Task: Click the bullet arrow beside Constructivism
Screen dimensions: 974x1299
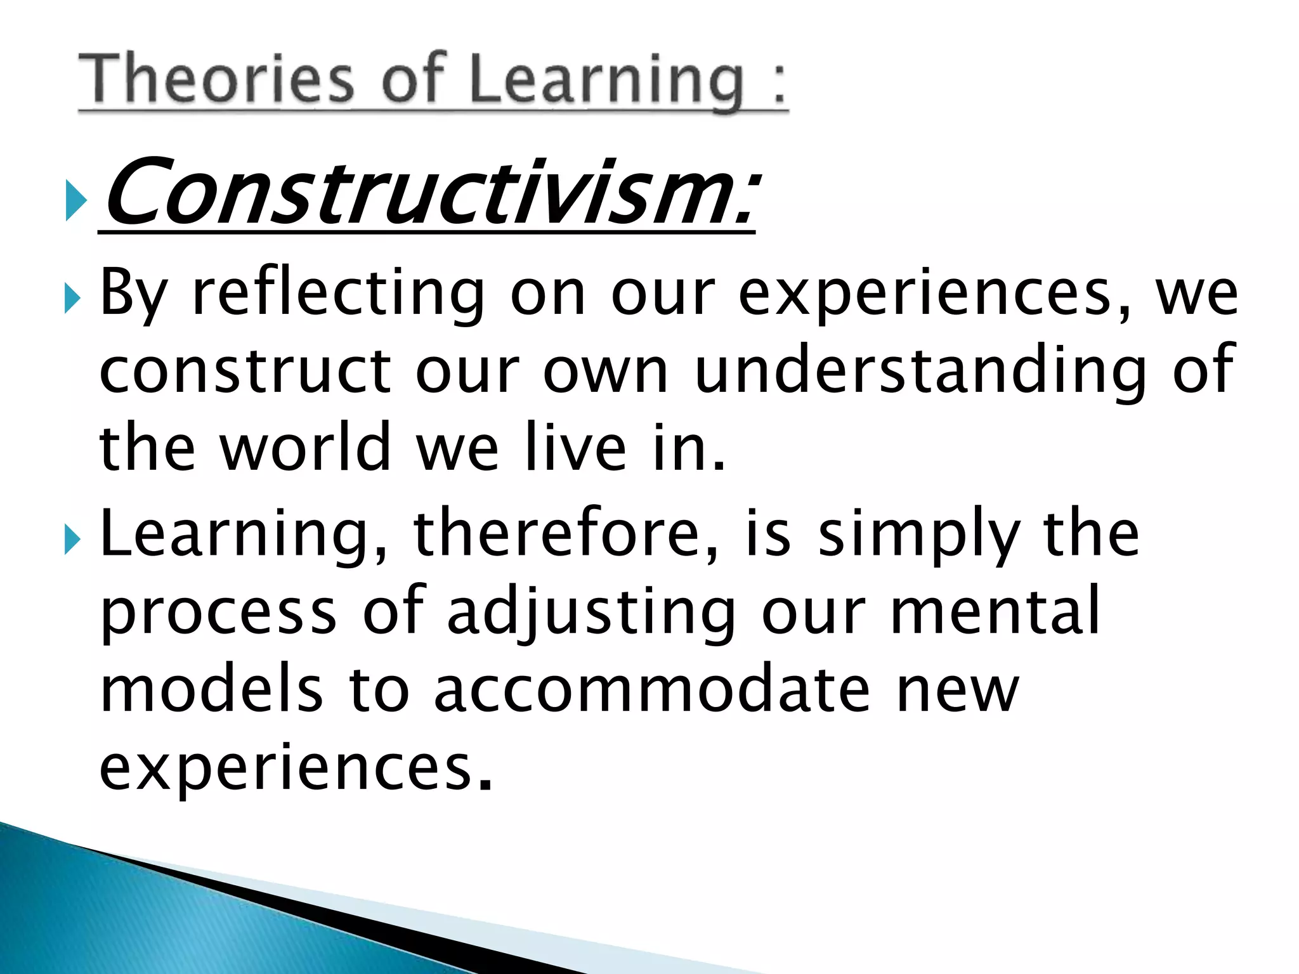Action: coord(75,200)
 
